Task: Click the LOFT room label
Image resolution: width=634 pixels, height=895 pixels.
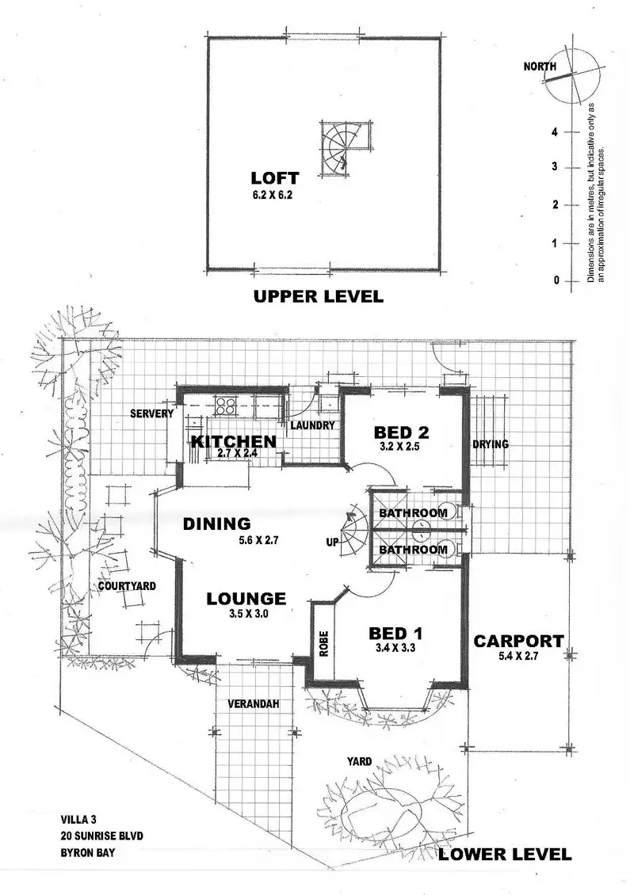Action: click(274, 177)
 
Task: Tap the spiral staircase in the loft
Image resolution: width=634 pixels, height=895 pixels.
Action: click(338, 149)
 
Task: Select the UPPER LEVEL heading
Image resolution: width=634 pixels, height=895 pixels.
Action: click(317, 297)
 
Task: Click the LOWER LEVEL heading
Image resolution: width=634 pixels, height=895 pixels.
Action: click(505, 854)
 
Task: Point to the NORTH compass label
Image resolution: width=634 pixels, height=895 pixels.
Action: click(540, 67)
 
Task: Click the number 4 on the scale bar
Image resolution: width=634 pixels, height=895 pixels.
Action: click(556, 132)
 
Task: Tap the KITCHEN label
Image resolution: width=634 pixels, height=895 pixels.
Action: click(232, 441)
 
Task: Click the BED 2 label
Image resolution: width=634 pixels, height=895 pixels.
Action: click(401, 432)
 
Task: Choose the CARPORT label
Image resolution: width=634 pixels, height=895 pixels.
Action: click(518, 642)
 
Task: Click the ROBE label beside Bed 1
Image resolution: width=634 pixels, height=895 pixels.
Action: click(323, 642)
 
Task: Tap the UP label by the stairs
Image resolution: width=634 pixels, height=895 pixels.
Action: click(333, 541)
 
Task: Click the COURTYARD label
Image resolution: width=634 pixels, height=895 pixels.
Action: click(127, 586)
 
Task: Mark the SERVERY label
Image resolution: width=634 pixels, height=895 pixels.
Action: click(152, 414)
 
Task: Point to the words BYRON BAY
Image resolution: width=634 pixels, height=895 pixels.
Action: click(90, 852)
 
